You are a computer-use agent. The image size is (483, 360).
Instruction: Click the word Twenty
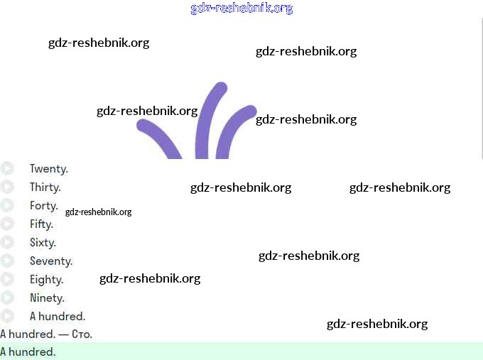[x=48, y=169]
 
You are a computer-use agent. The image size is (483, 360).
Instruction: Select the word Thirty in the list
[x=45, y=187]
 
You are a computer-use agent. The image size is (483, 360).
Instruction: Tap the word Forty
[x=43, y=206]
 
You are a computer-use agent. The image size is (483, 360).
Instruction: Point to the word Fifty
[x=41, y=224]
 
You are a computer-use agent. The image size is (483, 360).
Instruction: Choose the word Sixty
[x=43, y=243]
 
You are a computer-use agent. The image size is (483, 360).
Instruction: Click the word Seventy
[x=50, y=261]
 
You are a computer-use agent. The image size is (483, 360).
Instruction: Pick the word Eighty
[x=46, y=280]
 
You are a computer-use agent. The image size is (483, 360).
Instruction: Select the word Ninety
[x=47, y=298]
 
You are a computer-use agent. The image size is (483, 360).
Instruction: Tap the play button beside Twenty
[x=7, y=169]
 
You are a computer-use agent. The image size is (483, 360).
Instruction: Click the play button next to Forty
[x=7, y=206]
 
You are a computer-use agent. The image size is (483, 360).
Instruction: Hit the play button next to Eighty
[x=7, y=280]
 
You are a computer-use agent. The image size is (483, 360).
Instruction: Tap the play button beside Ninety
[x=7, y=298]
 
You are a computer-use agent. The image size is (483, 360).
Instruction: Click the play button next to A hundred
[x=7, y=317]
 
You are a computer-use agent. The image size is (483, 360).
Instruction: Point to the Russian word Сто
[x=82, y=334]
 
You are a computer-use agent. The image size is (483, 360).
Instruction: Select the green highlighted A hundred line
[x=241, y=351]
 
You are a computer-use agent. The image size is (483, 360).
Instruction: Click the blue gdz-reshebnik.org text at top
[x=241, y=9]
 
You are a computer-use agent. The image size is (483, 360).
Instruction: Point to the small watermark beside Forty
[x=98, y=212]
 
